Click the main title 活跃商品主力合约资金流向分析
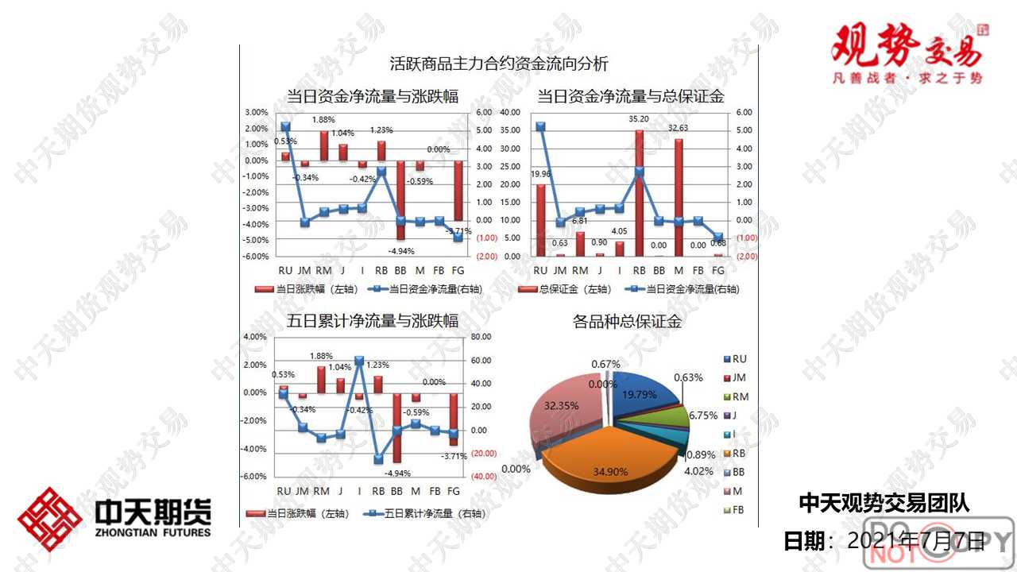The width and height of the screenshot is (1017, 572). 499,64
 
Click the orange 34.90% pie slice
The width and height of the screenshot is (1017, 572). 612,453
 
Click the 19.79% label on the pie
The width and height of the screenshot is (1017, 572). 640,393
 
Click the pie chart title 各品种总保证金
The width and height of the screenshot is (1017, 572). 627,322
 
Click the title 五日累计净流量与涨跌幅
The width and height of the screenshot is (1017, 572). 373,322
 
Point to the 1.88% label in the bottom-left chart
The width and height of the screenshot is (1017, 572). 322,356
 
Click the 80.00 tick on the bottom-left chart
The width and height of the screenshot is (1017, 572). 482,337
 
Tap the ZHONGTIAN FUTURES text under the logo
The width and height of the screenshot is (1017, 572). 153,532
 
